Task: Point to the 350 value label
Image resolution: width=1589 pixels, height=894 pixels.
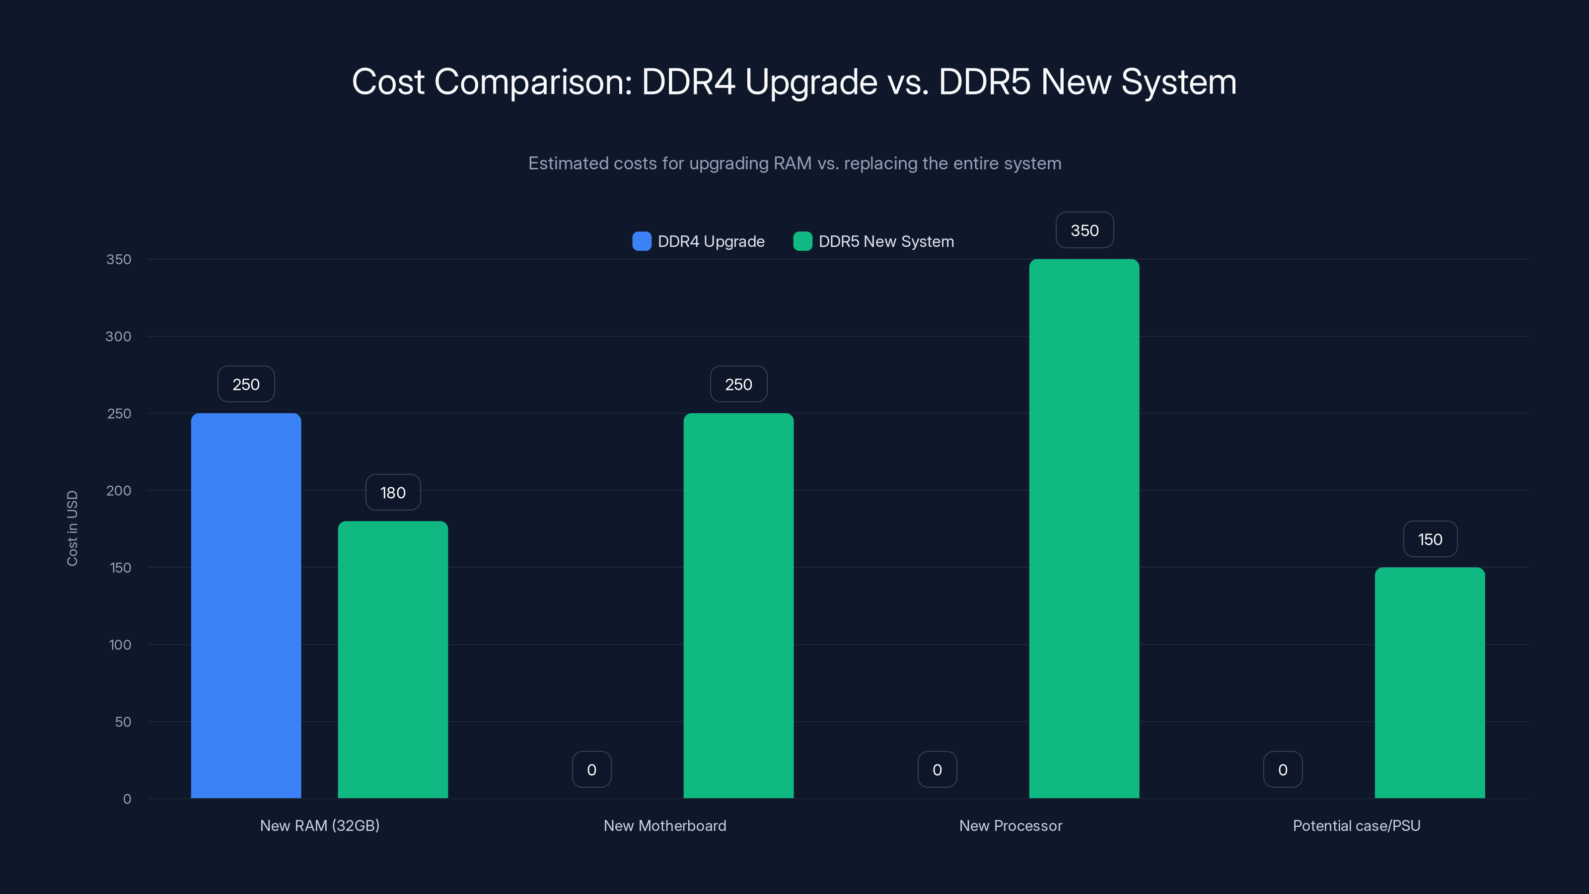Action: [x=1084, y=230]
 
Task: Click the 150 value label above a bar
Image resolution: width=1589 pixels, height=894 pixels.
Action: [x=1430, y=539]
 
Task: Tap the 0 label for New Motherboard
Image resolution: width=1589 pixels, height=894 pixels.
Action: [x=591, y=769]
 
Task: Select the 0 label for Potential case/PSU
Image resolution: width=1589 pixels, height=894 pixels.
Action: [x=1283, y=769]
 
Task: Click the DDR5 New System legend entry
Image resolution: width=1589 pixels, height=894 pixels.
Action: [x=873, y=241]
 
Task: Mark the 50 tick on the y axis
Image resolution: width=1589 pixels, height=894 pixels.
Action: [x=123, y=721]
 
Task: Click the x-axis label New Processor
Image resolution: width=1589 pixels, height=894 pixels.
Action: [x=1011, y=825]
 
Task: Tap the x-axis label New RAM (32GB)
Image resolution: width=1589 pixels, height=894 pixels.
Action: [x=319, y=825]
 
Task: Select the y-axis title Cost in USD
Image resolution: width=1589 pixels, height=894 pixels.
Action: [x=72, y=528]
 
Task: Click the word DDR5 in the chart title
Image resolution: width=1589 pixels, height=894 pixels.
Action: [x=984, y=81]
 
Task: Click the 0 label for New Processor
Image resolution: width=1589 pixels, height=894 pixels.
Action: [x=937, y=769]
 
